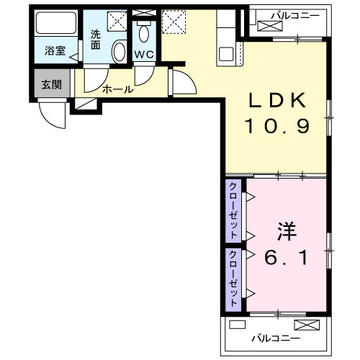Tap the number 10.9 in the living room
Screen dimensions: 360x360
coord(277,128)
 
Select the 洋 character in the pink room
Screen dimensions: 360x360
coord(287,233)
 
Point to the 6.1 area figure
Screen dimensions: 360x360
coord(287,257)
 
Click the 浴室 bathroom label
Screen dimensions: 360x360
coord(54,51)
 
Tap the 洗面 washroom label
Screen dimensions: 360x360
coord(96,39)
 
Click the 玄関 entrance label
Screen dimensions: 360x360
coord(51,85)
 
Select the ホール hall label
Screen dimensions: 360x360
coord(117,90)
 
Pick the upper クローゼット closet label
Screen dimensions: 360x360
coord(234,210)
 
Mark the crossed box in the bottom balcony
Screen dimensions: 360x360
coord(303,325)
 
